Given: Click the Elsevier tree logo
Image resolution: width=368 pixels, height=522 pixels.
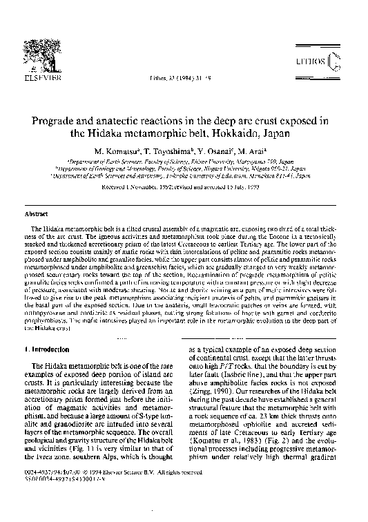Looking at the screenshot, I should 31,66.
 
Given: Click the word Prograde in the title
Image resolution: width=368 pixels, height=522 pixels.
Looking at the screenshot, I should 53,122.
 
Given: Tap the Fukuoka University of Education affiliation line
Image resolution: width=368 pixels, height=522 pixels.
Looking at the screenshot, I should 184,176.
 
